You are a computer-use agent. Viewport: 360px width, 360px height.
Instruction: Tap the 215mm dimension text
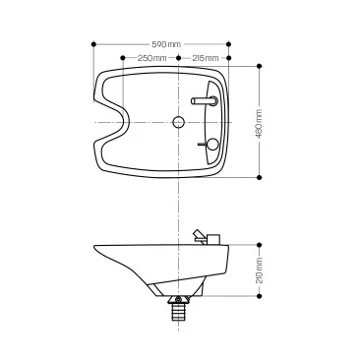[x=206, y=58]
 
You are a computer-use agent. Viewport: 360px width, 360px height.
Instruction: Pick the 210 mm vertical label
[x=259, y=270]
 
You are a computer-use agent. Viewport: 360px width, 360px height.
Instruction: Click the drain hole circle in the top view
[x=178, y=122]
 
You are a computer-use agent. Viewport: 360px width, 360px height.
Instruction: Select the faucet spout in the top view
[x=204, y=101]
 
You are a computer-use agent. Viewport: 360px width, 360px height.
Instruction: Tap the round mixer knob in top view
[x=212, y=144]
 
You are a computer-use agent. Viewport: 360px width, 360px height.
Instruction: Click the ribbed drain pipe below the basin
[x=178, y=312]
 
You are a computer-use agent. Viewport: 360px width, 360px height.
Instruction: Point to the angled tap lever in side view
[x=200, y=236]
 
